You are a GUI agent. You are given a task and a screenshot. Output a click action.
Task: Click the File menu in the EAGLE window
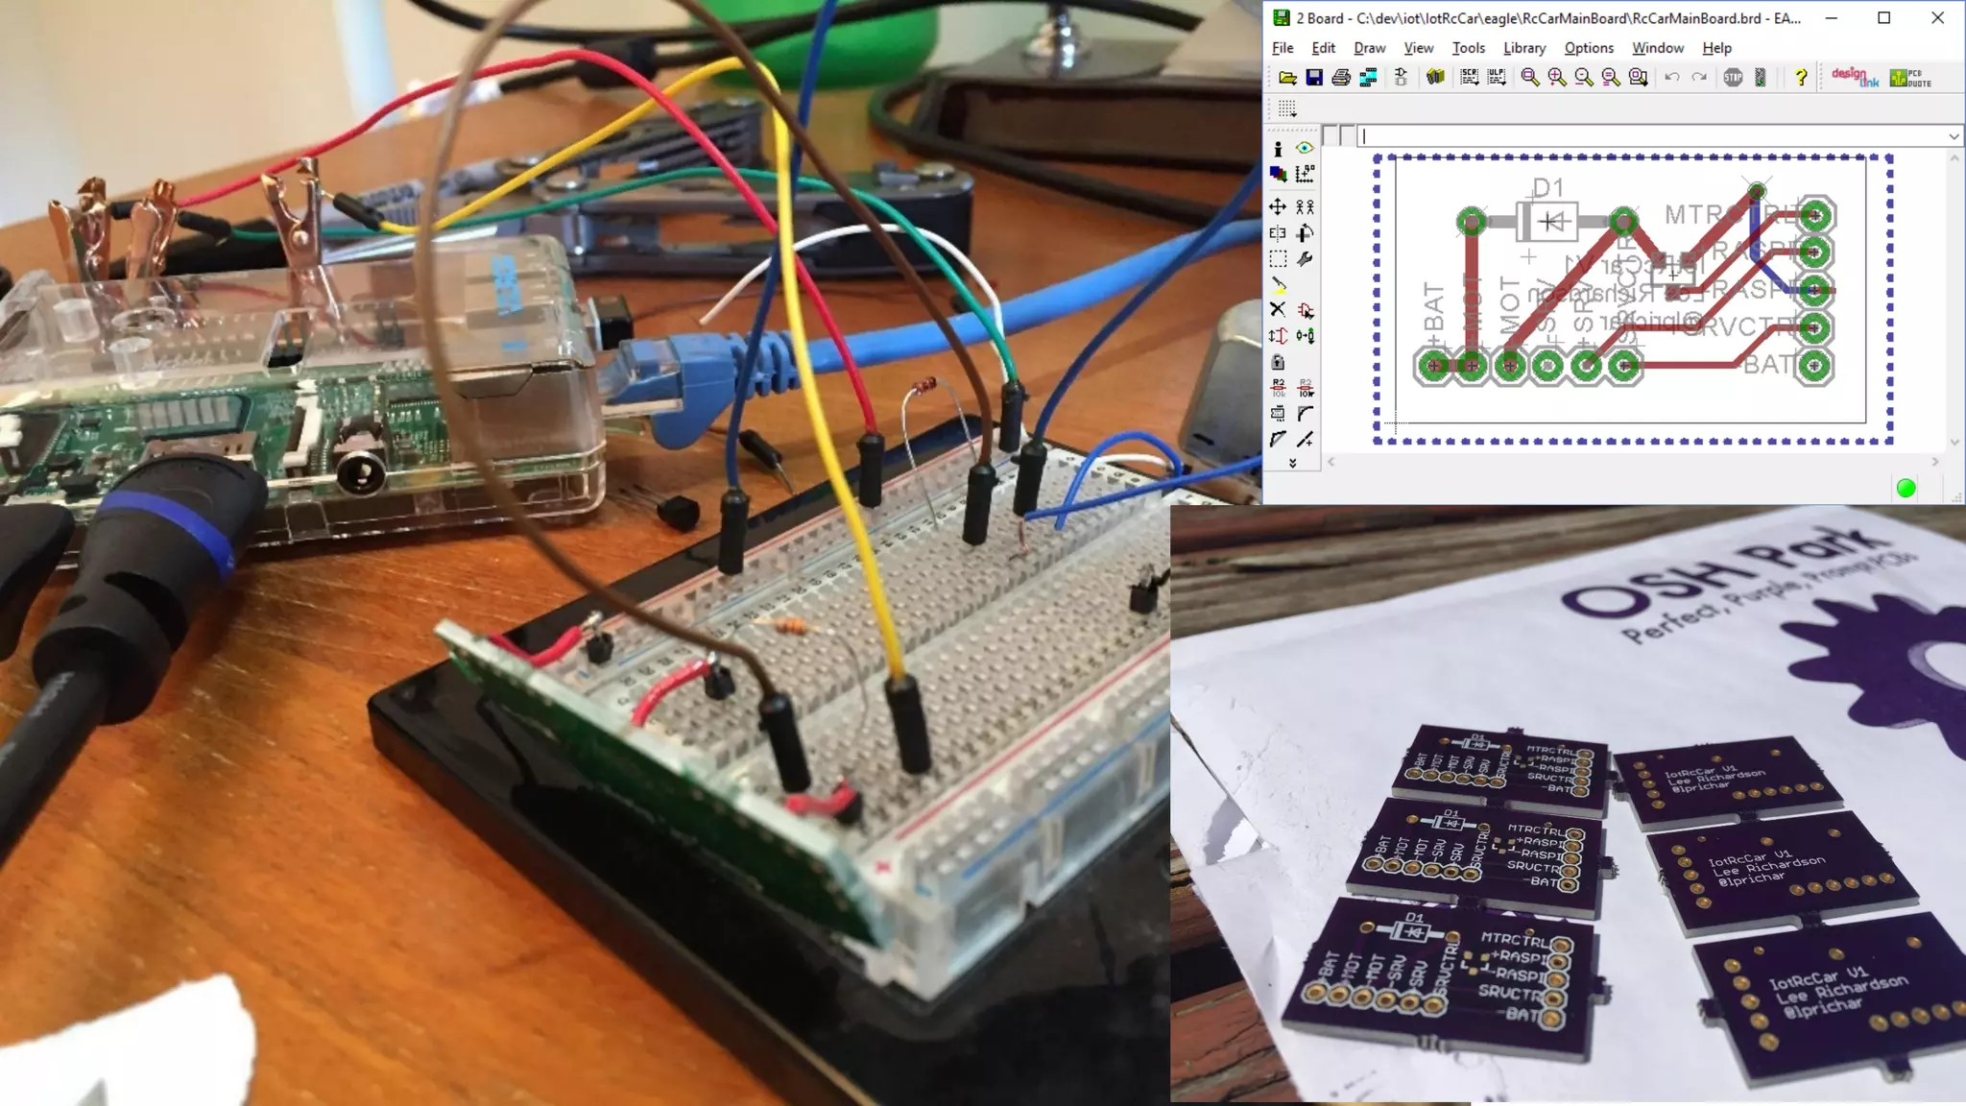[1283, 48]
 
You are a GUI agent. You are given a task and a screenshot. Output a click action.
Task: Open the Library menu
[1523, 48]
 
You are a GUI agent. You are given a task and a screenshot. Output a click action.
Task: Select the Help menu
[1716, 48]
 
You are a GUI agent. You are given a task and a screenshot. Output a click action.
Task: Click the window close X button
[1937, 18]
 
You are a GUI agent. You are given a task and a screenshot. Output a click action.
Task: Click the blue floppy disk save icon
[1314, 78]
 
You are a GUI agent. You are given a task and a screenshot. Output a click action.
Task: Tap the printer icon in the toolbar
[1341, 78]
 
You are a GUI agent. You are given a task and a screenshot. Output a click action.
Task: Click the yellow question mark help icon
[1801, 78]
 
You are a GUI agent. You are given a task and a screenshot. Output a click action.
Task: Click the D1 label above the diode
[1547, 187]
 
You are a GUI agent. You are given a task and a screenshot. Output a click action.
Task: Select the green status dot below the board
[1906, 489]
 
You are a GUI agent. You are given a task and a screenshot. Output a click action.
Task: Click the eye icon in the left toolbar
[1305, 148]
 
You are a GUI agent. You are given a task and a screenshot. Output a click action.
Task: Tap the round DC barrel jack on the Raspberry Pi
[362, 471]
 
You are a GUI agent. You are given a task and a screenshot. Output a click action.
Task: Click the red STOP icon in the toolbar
[1733, 78]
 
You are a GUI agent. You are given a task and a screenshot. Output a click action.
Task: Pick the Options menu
[1589, 48]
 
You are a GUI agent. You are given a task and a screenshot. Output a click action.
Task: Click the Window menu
[1657, 48]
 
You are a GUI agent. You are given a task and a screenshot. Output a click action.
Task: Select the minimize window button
[1832, 18]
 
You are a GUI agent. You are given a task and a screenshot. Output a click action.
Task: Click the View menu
[1418, 48]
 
